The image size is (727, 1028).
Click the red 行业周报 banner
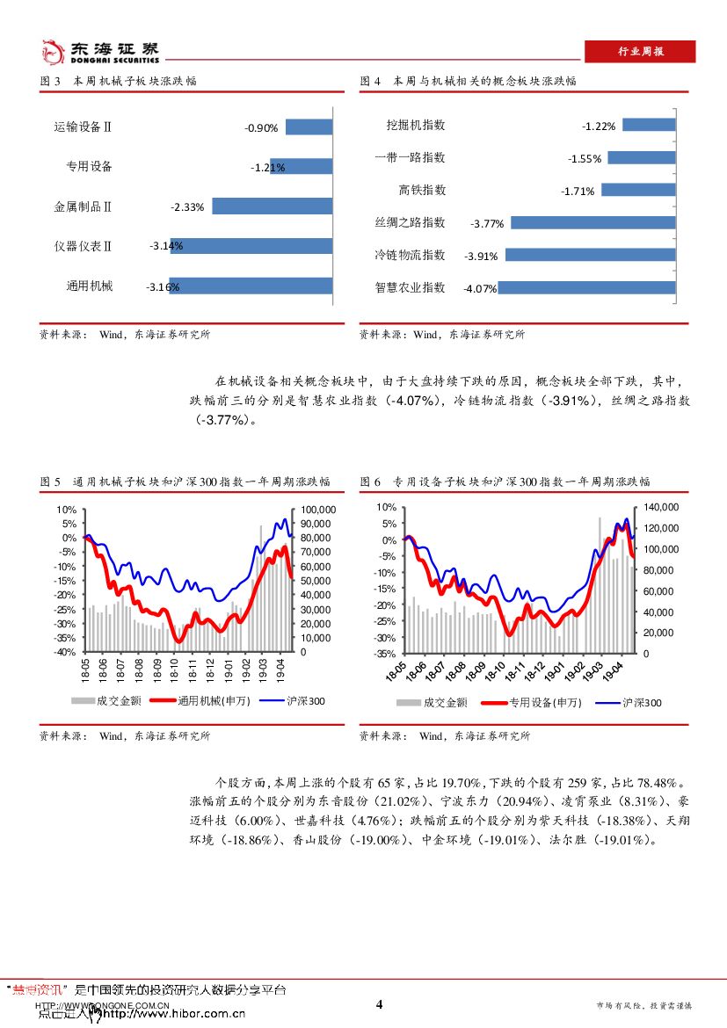pos(640,52)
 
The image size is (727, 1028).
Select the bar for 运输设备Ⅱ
pos(309,127)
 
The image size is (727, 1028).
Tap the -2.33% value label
pos(187,207)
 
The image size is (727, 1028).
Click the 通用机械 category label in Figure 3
pos(90,286)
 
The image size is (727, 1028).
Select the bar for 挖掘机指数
pos(649,125)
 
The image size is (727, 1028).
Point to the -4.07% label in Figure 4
pos(480,288)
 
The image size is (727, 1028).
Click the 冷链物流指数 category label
pos(410,255)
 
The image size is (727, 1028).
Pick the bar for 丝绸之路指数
pos(593,222)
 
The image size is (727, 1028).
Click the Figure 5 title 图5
pos(50,481)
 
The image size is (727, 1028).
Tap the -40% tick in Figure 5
pos(65,652)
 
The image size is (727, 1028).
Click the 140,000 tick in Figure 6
pos(661,508)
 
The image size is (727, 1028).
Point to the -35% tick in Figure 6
pos(385,654)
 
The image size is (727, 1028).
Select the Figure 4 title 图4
pos(370,81)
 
